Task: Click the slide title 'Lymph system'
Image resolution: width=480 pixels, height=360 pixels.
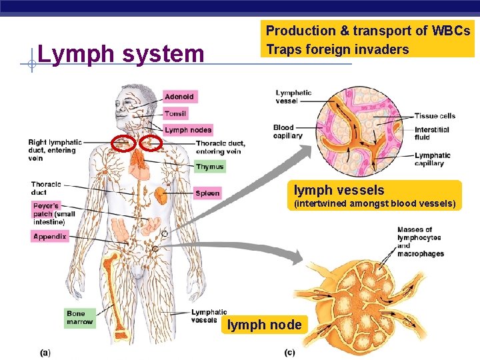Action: [121, 53]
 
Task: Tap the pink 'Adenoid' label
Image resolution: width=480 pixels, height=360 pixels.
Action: [179, 97]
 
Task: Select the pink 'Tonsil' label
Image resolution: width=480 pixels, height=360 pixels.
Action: [175, 113]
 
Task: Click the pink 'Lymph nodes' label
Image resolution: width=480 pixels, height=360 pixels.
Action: [187, 130]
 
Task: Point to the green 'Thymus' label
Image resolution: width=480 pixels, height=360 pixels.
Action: [209, 167]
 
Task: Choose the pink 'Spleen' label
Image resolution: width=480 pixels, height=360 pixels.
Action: [207, 193]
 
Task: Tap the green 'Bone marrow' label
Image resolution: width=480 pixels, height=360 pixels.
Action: [80, 317]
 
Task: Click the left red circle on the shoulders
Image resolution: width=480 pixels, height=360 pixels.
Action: [122, 143]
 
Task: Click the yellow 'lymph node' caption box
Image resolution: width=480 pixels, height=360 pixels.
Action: [265, 325]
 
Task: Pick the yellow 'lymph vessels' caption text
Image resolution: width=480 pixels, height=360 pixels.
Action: [339, 190]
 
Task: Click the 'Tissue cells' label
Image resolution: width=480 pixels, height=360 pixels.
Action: [435, 116]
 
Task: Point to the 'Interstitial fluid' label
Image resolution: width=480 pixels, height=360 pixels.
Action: [432, 133]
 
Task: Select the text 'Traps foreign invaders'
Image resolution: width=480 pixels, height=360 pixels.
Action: [337, 49]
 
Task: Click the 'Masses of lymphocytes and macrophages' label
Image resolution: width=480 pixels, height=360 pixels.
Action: [420, 241]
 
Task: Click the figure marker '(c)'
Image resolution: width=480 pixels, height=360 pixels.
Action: [290, 351]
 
